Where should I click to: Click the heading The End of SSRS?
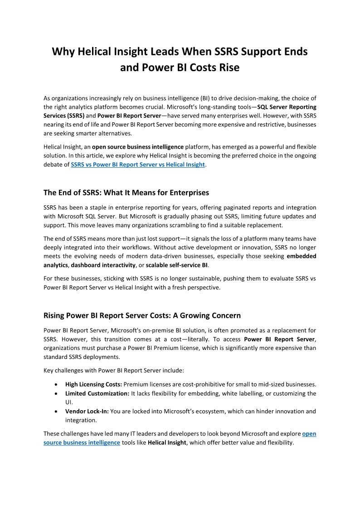[126, 193]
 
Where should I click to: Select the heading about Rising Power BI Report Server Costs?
[142, 315]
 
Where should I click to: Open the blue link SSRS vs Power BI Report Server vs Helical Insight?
[138, 165]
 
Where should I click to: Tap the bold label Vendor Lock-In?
[87, 412]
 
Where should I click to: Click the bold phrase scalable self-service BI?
[180, 265]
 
